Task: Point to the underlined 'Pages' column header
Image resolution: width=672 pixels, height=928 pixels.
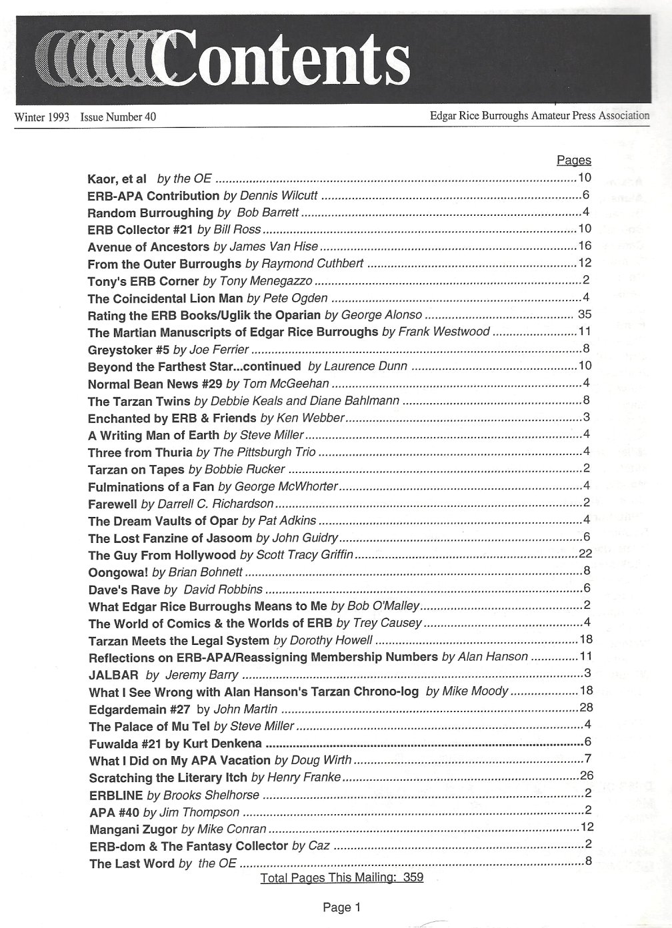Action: pyautogui.click(x=573, y=161)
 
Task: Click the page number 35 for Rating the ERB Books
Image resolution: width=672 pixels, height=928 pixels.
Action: pyautogui.click(x=585, y=314)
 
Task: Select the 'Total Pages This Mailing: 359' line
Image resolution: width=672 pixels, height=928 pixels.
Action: pyautogui.click(x=342, y=877)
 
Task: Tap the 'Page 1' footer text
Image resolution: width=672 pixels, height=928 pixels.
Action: pyautogui.click(x=341, y=907)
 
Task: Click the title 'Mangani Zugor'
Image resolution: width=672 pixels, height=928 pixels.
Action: pyautogui.click(x=133, y=829)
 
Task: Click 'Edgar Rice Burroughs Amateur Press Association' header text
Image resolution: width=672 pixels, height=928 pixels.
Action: pyautogui.click(x=539, y=115)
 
